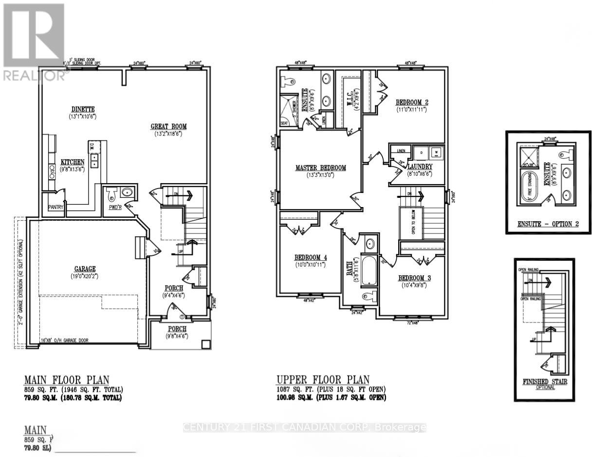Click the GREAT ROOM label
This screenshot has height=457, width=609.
coord(168,126)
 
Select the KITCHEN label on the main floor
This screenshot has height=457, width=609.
coord(73,162)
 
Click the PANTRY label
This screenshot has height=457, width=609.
coord(55,207)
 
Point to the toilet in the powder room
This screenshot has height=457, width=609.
coord(111,197)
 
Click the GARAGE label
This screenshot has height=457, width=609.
coord(85,268)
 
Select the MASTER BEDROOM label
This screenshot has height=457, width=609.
coord(320,168)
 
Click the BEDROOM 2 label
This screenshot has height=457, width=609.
coord(412,102)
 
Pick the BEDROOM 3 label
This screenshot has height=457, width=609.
coord(415,278)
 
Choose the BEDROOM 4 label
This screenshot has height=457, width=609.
coord(310,257)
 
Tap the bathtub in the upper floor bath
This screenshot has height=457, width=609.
coord(369,270)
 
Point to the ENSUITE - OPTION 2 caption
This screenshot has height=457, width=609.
coord(548,225)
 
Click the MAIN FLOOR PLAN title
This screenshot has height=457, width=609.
coord(67,380)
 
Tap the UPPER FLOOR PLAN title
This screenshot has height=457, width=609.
coord(323,380)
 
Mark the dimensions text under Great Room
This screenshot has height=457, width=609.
coord(168,133)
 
